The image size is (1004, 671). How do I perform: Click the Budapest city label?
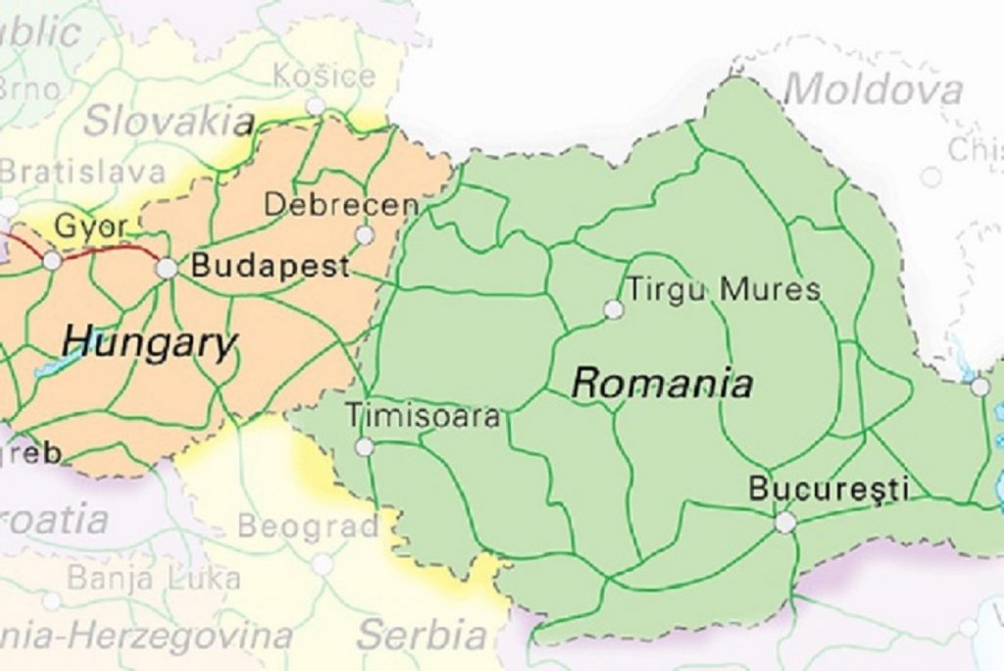pyautogui.click(x=270, y=266)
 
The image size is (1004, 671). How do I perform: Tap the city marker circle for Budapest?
pyautogui.click(x=167, y=268)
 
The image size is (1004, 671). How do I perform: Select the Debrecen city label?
pyautogui.click(x=341, y=205)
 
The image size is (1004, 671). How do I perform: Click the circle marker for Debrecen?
pyautogui.click(x=365, y=235)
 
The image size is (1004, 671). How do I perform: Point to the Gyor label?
pyautogui.click(x=90, y=227)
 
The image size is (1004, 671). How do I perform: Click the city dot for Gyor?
pyautogui.click(x=51, y=261)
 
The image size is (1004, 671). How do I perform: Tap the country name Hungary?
pyautogui.click(x=149, y=343)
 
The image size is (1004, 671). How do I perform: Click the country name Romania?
pyautogui.click(x=662, y=383)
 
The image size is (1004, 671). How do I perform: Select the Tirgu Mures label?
pyautogui.click(x=724, y=289)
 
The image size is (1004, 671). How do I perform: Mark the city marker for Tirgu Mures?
pyautogui.click(x=614, y=310)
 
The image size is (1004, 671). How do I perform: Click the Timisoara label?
pyautogui.click(x=423, y=416)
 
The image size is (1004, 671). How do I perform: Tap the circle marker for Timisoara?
pyautogui.click(x=365, y=447)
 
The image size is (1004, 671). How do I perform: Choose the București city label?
pyautogui.click(x=828, y=489)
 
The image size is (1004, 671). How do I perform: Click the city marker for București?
pyautogui.click(x=784, y=523)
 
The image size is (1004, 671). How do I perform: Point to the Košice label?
pyautogui.click(x=324, y=76)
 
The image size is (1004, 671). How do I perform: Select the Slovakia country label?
pyautogui.click(x=169, y=121)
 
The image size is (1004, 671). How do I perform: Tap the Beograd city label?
pyautogui.click(x=308, y=527)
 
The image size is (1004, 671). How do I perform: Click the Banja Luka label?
pyautogui.click(x=153, y=578)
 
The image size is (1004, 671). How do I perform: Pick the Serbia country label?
pyautogui.click(x=422, y=635)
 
